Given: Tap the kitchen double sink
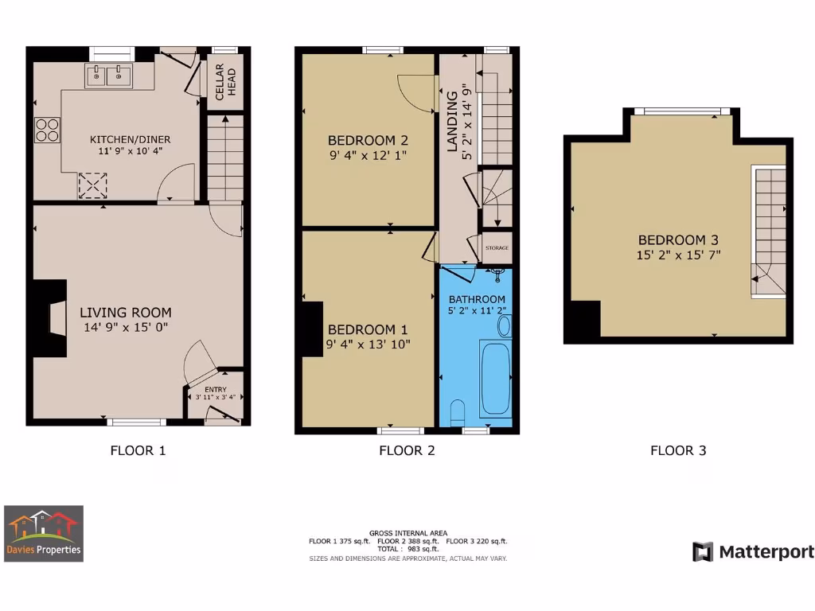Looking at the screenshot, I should tap(108, 76).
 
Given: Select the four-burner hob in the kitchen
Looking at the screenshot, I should tap(47, 130).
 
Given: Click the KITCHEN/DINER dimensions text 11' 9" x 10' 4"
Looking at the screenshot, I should tap(129, 151).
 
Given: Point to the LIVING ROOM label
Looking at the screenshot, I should tap(126, 313).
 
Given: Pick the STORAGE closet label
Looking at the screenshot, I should tap(497, 248).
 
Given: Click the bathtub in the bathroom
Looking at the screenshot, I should tap(496, 376).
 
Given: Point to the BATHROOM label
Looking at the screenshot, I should tap(477, 299).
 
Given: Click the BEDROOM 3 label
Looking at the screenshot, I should tap(672, 240).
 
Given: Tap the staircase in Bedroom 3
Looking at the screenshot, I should tap(768, 231).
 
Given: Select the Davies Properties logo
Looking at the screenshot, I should tap(44, 533).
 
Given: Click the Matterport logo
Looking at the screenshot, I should tap(753, 552).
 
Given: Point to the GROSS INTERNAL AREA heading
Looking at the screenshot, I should tap(407, 533).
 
